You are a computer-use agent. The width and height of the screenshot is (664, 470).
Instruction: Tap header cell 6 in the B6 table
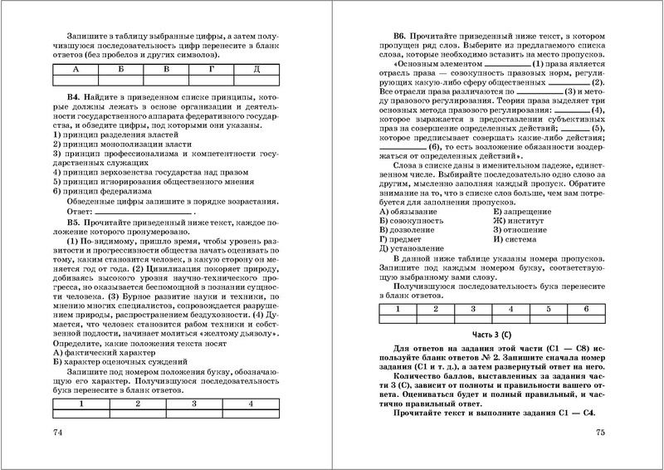[x=586, y=308]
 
